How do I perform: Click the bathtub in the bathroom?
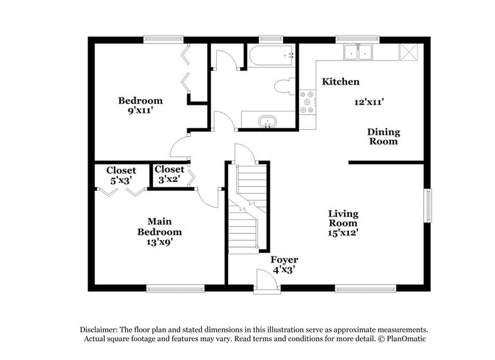pyautogui.click(x=271, y=56)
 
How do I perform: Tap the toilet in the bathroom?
pyautogui.click(x=285, y=87)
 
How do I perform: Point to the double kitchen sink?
pyautogui.click(x=358, y=53)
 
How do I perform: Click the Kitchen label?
pyautogui.click(x=341, y=81)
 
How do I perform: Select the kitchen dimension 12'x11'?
pyautogui.click(x=369, y=102)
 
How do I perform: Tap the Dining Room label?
pyautogui.click(x=384, y=137)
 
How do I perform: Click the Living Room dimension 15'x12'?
pyautogui.click(x=343, y=233)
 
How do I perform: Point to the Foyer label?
pyautogui.click(x=285, y=260)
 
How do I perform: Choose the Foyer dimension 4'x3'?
pyautogui.click(x=285, y=270)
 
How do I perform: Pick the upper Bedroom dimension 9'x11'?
pyautogui.click(x=140, y=111)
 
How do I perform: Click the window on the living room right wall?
pyautogui.click(x=428, y=206)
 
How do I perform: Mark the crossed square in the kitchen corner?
pyautogui.click(x=408, y=51)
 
